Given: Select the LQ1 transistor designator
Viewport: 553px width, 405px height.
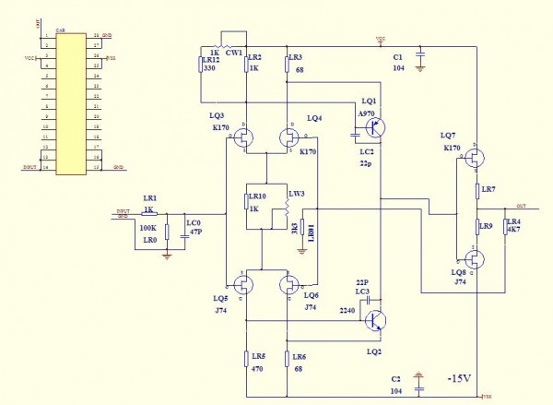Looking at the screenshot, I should pos(370,100).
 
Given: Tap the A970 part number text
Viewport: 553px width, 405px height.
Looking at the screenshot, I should pos(367,113).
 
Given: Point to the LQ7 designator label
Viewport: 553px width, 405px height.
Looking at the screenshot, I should pos(449,136).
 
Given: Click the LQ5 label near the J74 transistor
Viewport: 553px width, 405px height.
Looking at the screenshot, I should pos(219,298).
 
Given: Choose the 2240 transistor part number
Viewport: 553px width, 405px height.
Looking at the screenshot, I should pos(347,311).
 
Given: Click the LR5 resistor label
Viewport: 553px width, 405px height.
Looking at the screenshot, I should pos(257,356).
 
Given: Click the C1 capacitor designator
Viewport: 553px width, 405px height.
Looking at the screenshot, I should pos(397,56).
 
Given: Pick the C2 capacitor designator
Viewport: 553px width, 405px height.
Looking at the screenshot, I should pos(396,379).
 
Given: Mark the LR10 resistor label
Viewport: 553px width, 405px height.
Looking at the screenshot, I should pos(257,196).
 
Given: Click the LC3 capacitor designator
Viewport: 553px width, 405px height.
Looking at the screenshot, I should pos(362,292).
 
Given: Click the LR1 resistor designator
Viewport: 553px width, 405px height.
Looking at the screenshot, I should pos(149,198).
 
